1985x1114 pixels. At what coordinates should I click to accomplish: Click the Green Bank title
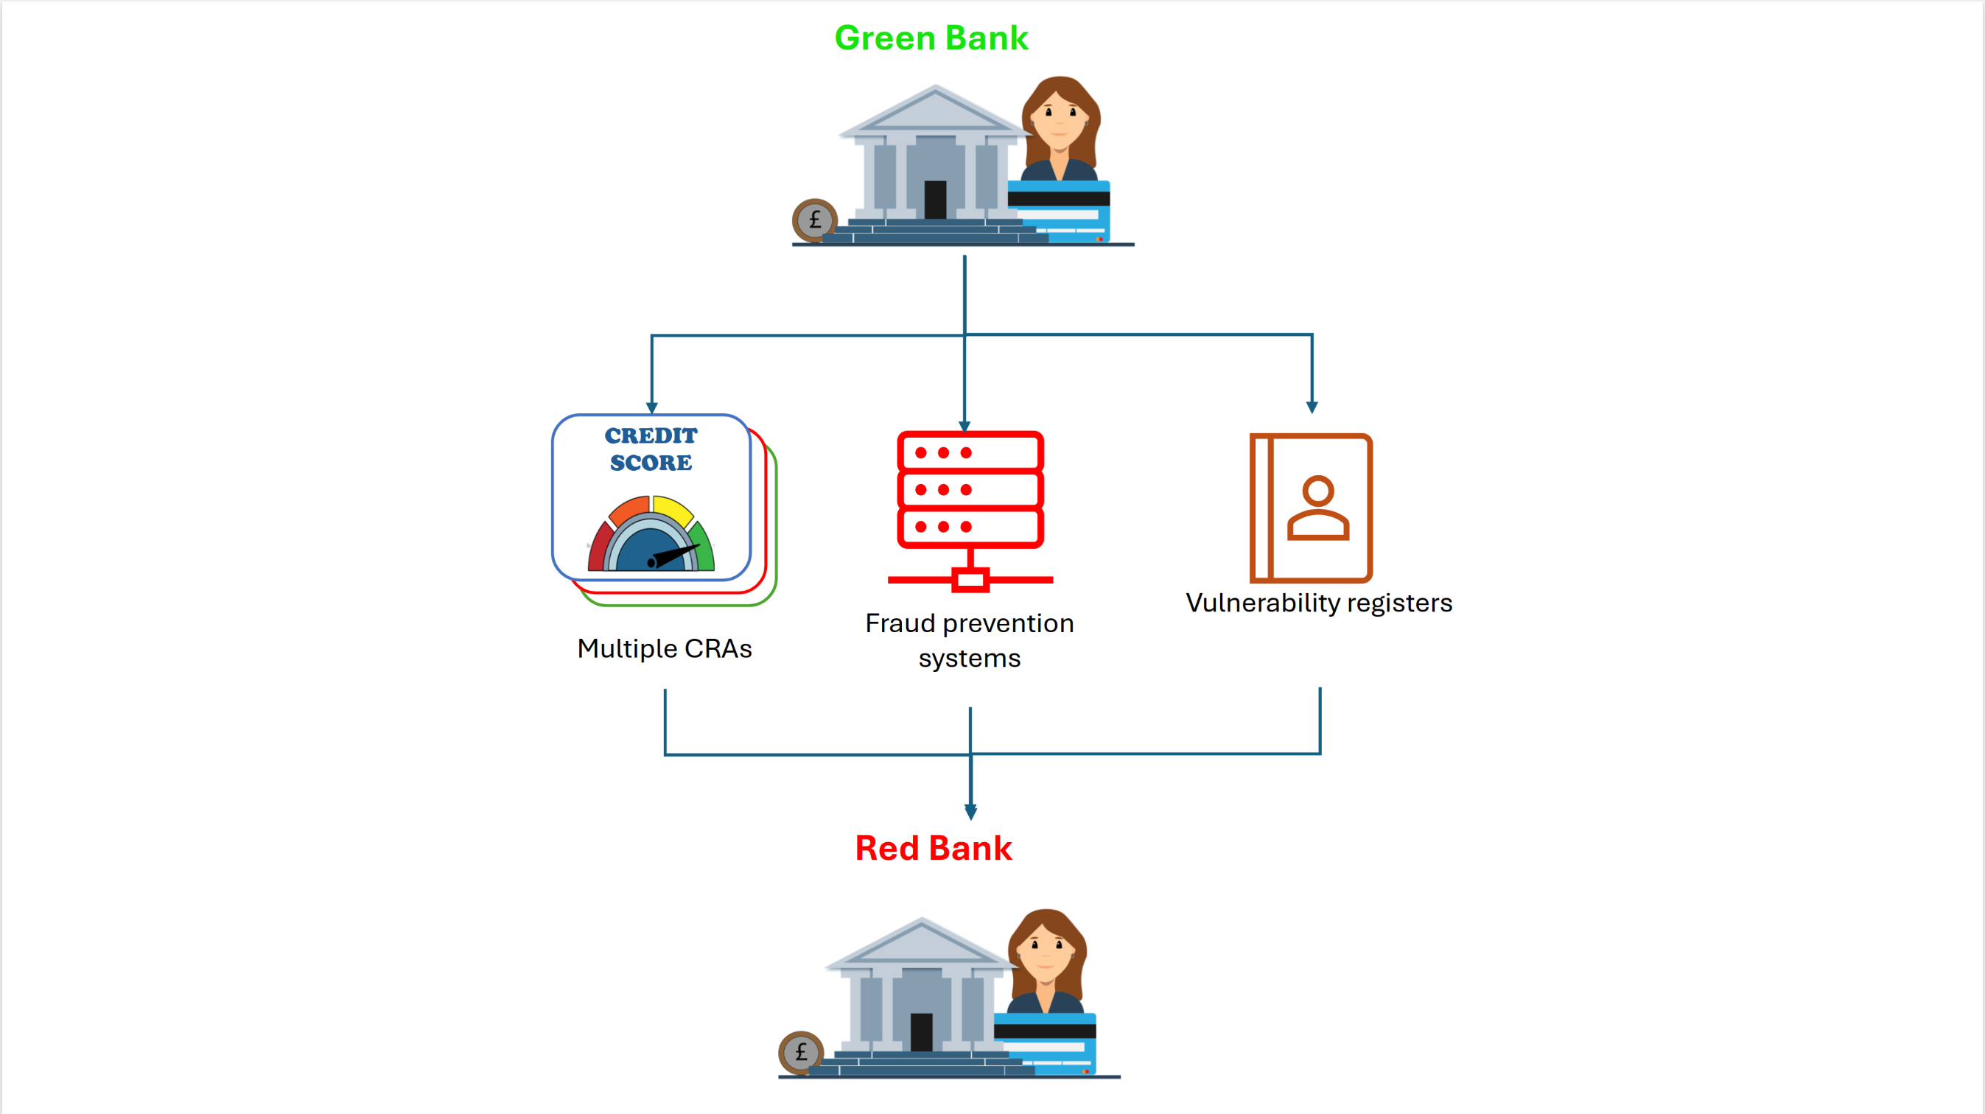click(x=931, y=38)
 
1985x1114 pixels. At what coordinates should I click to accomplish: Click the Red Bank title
click(x=933, y=848)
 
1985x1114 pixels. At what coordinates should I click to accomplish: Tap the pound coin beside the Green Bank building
click(x=813, y=220)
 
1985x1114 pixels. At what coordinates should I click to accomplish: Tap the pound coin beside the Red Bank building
click(x=801, y=1052)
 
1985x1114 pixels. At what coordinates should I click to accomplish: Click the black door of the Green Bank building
click(x=935, y=200)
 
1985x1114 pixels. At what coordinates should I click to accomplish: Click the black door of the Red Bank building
click(x=921, y=1031)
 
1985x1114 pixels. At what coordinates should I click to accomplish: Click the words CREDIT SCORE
click(x=651, y=449)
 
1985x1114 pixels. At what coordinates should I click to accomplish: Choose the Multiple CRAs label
click(x=664, y=648)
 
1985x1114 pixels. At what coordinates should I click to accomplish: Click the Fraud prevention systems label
click(x=970, y=640)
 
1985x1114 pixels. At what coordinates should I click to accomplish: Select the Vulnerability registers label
click(x=1318, y=603)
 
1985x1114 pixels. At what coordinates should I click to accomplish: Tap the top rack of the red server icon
click(x=970, y=452)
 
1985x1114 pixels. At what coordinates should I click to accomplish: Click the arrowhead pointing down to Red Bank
click(x=971, y=812)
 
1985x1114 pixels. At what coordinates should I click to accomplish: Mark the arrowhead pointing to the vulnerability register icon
click(x=1312, y=407)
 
